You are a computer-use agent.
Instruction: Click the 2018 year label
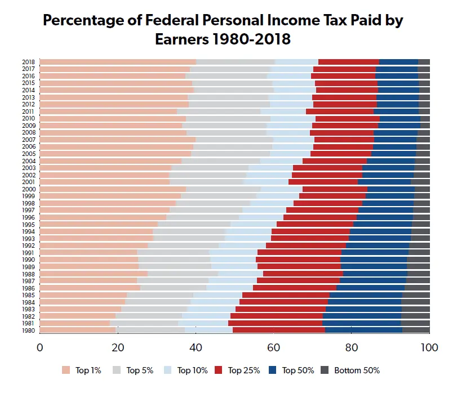(29, 62)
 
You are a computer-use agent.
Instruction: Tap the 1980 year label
(29, 330)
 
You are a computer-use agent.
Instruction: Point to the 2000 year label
(29, 189)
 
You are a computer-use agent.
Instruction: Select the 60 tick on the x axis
(273, 347)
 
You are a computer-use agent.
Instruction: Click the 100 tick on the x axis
(429, 347)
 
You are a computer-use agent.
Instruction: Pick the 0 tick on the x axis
(39, 347)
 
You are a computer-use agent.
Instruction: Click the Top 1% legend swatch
(66, 370)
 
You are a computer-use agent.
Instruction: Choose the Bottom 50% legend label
(357, 370)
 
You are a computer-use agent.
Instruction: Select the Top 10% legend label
(193, 370)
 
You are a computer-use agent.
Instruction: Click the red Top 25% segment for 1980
(278, 330)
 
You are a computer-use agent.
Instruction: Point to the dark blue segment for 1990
(374, 260)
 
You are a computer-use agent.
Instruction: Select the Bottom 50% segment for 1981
(416, 323)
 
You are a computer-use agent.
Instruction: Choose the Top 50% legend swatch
(272, 370)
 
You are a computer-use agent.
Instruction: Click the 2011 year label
(29, 111)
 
